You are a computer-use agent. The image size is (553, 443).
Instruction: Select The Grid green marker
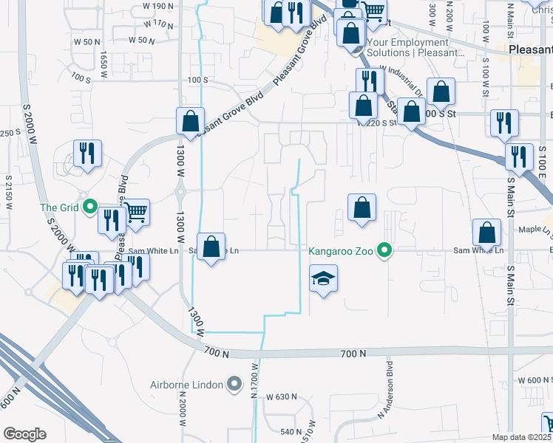91,206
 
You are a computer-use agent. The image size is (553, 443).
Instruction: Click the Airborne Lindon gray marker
235,383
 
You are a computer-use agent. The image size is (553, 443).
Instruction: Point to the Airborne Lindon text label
194,383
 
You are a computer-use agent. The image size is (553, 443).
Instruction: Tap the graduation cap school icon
322,280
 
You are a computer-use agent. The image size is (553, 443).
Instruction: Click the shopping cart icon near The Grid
136,213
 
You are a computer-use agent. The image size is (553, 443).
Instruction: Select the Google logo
24,433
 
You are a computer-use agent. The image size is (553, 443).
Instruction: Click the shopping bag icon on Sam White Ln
211,247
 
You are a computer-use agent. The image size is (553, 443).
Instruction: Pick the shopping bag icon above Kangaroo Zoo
362,208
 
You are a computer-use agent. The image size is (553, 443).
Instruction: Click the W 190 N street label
159,6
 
